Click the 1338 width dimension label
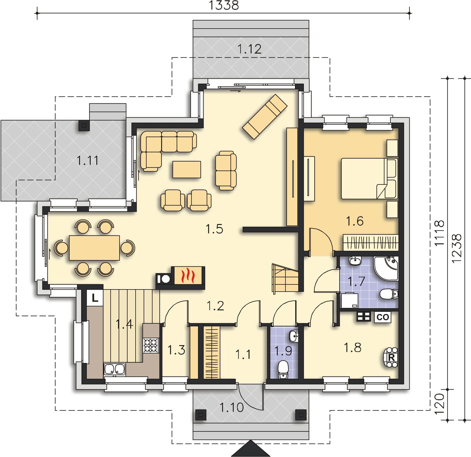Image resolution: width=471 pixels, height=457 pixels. (x=224, y=5)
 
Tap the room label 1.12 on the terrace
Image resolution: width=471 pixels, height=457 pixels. (x=249, y=49)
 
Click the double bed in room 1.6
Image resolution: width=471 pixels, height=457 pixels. (x=369, y=178)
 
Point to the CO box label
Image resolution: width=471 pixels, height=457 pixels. (x=383, y=317)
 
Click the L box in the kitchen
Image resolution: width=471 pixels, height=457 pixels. (x=95, y=298)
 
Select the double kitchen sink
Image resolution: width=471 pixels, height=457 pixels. (x=114, y=369)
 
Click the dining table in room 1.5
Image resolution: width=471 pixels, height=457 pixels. (x=95, y=248)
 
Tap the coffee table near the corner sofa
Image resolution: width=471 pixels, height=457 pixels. (x=187, y=170)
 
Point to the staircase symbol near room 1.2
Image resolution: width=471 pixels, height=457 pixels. (x=285, y=278)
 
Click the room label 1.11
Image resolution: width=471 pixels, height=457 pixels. (x=88, y=161)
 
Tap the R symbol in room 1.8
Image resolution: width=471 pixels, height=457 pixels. (x=391, y=358)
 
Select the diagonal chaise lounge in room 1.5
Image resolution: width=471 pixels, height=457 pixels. (x=265, y=117)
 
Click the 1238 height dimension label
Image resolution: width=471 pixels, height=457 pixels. (x=457, y=248)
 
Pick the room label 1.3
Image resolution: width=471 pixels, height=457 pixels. (x=176, y=350)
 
